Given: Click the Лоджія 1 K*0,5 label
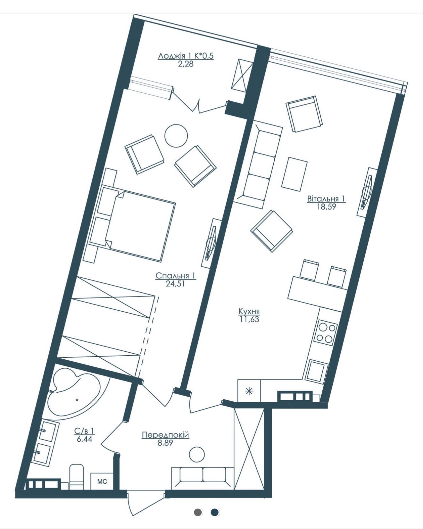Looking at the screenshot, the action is tap(186, 56).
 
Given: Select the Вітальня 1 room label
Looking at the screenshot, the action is tap(326, 199).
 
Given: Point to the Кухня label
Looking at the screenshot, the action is tap(249, 311).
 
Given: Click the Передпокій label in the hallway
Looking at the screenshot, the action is tap(165, 435).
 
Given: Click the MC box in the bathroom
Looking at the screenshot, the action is tap(102, 481).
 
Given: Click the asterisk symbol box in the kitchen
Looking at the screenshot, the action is tap(249, 391).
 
